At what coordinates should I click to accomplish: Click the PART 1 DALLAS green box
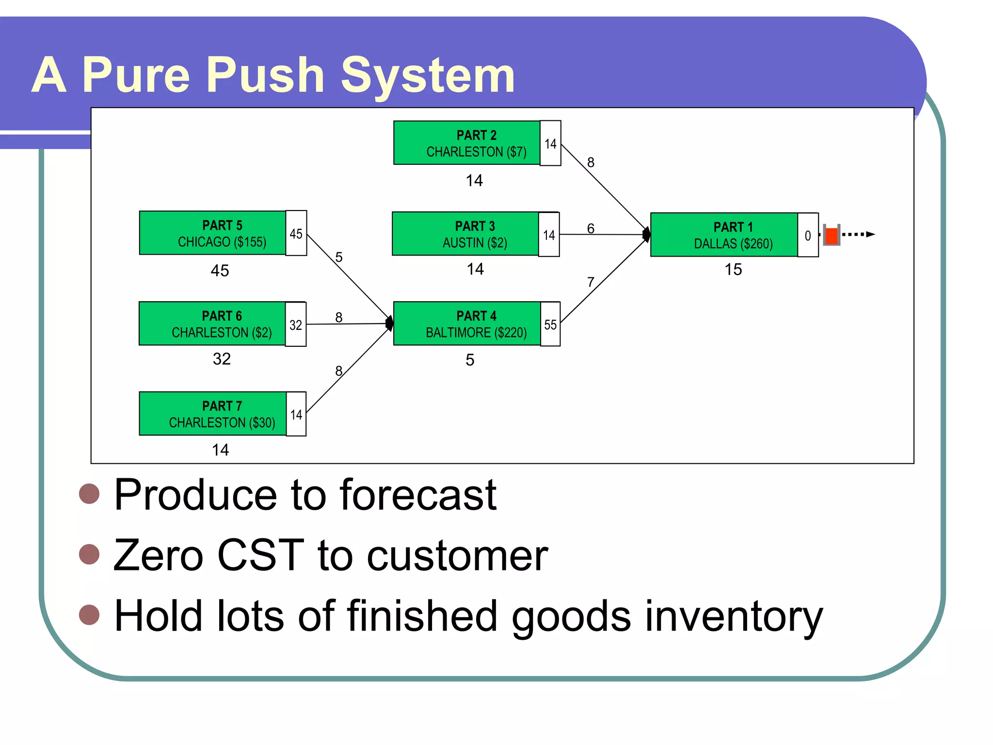click(x=723, y=235)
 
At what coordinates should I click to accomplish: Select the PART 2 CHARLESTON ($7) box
click(x=466, y=143)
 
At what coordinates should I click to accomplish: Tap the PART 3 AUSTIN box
click(x=465, y=234)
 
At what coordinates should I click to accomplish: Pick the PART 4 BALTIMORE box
click(x=466, y=324)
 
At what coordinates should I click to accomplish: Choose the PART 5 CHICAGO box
click(x=212, y=233)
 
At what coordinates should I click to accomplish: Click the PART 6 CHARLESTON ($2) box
click(x=212, y=324)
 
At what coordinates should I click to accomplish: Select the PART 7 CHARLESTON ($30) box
click(x=212, y=414)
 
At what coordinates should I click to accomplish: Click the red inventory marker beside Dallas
click(x=832, y=236)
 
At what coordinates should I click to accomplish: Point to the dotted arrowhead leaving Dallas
click(x=870, y=234)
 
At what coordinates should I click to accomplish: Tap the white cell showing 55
click(x=550, y=324)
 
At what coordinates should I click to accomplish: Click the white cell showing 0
click(x=808, y=235)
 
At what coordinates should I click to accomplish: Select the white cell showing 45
click(x=296, y=233)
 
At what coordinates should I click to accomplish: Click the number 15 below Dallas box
click(x=733, y=270)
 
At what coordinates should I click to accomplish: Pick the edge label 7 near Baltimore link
click(x=591, y=282)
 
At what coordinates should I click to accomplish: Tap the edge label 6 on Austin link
click(x=591, y=228)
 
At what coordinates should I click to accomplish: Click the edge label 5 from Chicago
click(x=339, y=257)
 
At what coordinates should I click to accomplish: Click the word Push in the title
click(x=265, y=76)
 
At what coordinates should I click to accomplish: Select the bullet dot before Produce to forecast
click(x=89, y=494)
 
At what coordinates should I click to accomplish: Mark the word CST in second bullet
click(x=260, y=555)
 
